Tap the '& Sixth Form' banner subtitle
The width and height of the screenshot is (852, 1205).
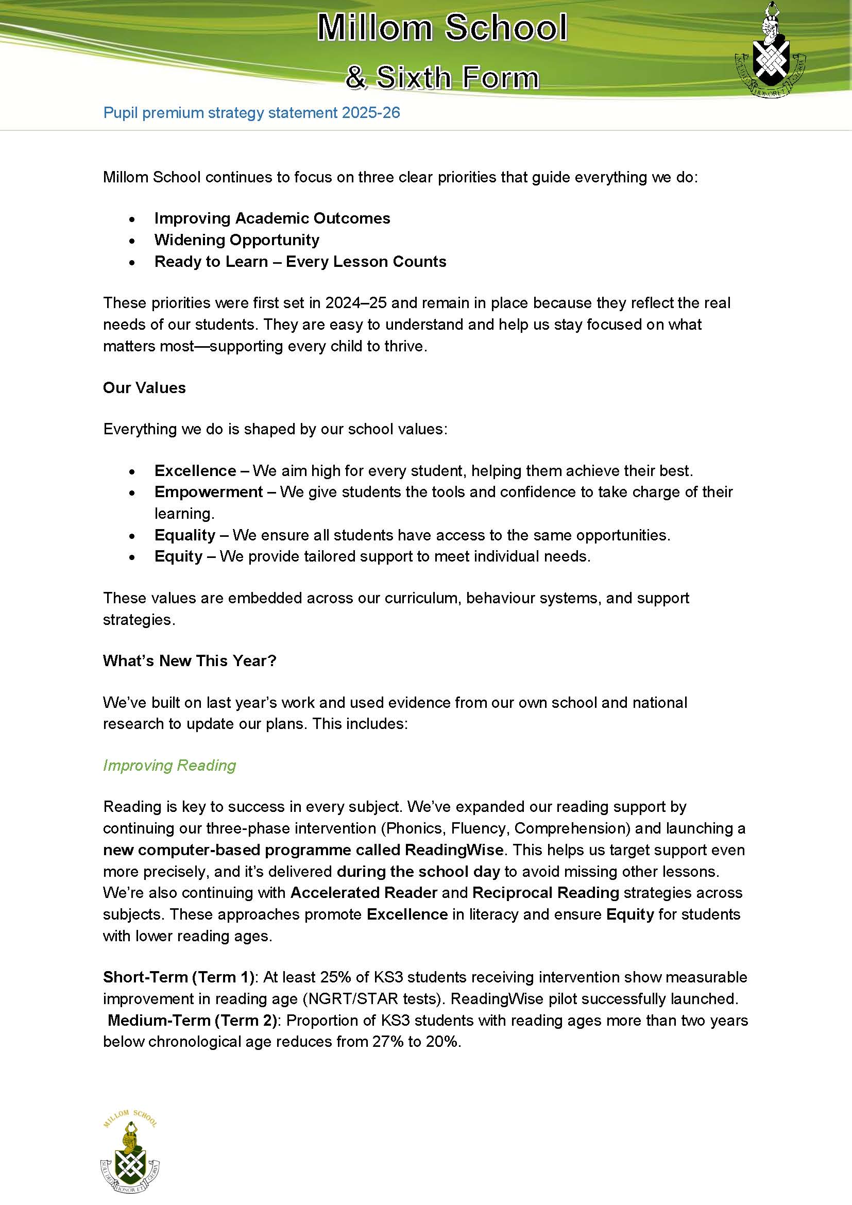[442, 77]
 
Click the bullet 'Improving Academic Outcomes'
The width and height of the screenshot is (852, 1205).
[272, 218]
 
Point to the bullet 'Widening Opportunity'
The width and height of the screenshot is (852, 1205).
[236, 240]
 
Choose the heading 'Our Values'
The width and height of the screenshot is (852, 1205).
[144, 388]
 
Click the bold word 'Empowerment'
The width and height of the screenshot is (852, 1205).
[208, 492]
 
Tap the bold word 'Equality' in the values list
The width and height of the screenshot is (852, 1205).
[185, 535]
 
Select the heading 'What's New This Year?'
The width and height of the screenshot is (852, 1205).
[190, 661]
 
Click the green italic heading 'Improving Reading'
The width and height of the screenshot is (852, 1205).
[169, 765]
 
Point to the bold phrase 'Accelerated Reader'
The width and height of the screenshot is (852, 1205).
[364, 893]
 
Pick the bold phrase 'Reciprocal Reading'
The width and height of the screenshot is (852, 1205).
[546, 893]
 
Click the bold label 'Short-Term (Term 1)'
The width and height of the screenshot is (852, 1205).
[178, 977]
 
